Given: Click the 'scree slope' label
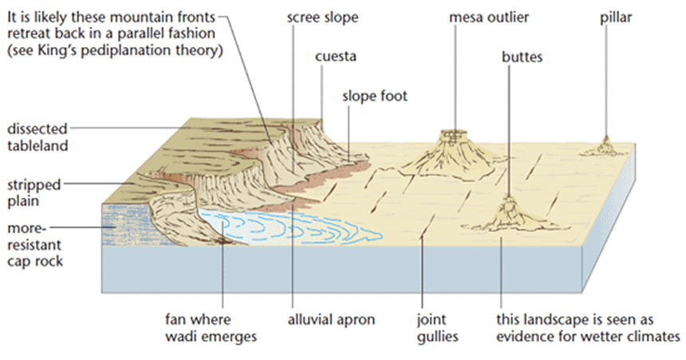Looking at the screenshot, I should click(x=322, y=17).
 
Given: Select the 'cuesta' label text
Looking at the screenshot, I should click(x=335, y=57).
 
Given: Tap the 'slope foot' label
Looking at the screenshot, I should click(x=375, y=96).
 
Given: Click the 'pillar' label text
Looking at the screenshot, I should click(x=615, y=17).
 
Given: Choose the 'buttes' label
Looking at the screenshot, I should click(x=523, y=57).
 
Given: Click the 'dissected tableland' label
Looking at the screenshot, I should click(x=37, y=136).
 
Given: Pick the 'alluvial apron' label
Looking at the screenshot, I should click(x=331, y=320).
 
